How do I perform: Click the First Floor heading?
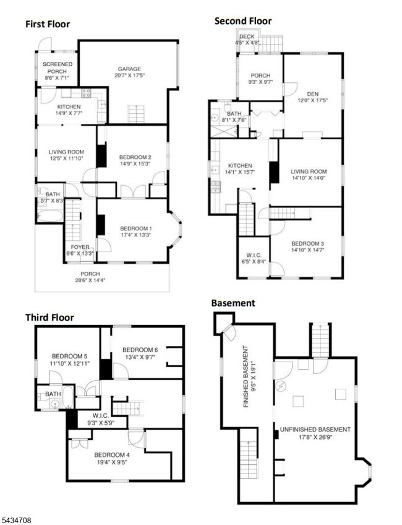(48, 24)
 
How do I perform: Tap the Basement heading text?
(233, 303)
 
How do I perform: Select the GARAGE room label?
(129, 69)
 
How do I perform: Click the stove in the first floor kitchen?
(86, 92)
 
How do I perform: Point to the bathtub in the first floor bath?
(51, 215)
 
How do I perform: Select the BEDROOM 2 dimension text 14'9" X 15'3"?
(135, 163)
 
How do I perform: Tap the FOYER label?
(80, 247)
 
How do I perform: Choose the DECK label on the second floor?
(247, 37)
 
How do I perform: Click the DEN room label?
(313, 94)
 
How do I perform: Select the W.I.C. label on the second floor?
(254, 256)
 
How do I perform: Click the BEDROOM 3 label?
(307, 244)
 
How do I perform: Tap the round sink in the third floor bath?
(55, 404)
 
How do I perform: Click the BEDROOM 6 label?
(140, 350)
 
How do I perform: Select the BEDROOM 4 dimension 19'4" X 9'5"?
(112, 462)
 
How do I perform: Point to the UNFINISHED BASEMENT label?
(315, 430)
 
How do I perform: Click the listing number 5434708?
(15, 520)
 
